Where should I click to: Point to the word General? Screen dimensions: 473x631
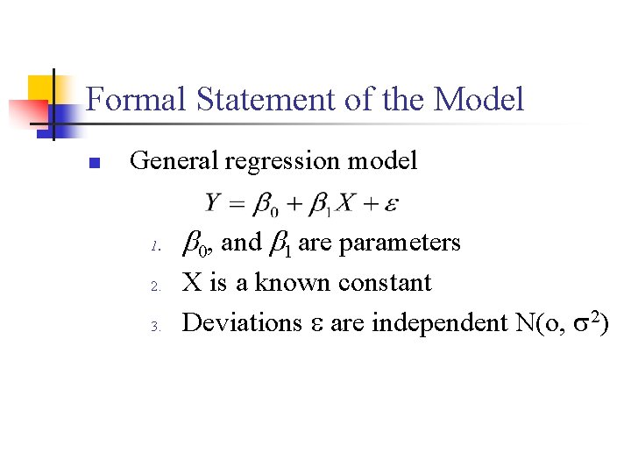[x=174, y=161]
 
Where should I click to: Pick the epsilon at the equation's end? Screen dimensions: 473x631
[x=393, y=205]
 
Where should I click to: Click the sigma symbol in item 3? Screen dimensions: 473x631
[x=579, y=324]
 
